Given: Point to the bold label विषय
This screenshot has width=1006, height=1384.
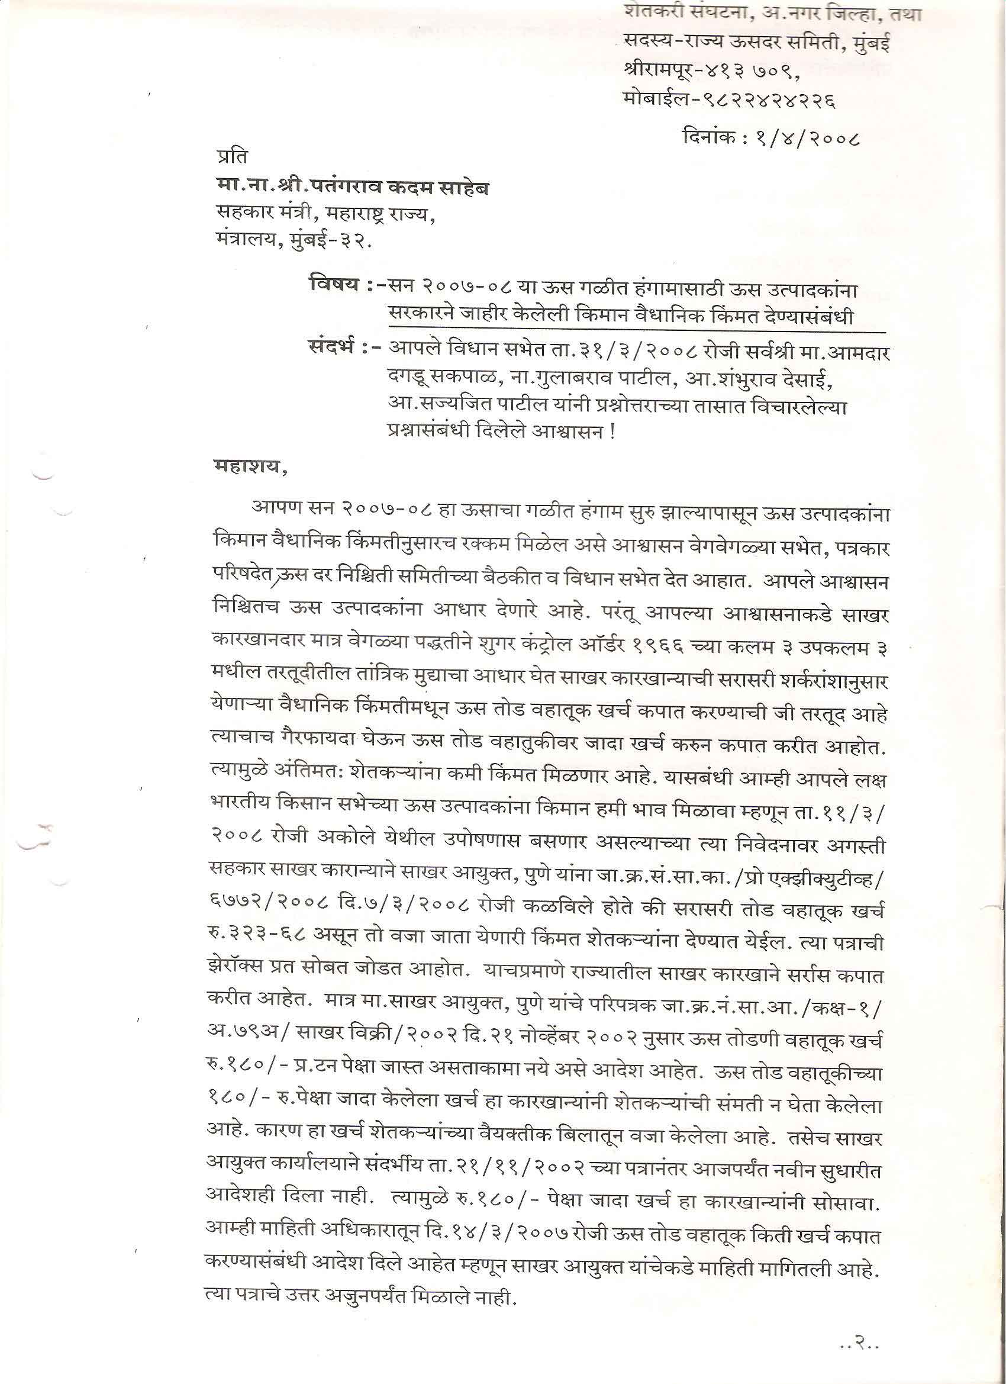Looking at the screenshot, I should (333, 287).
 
